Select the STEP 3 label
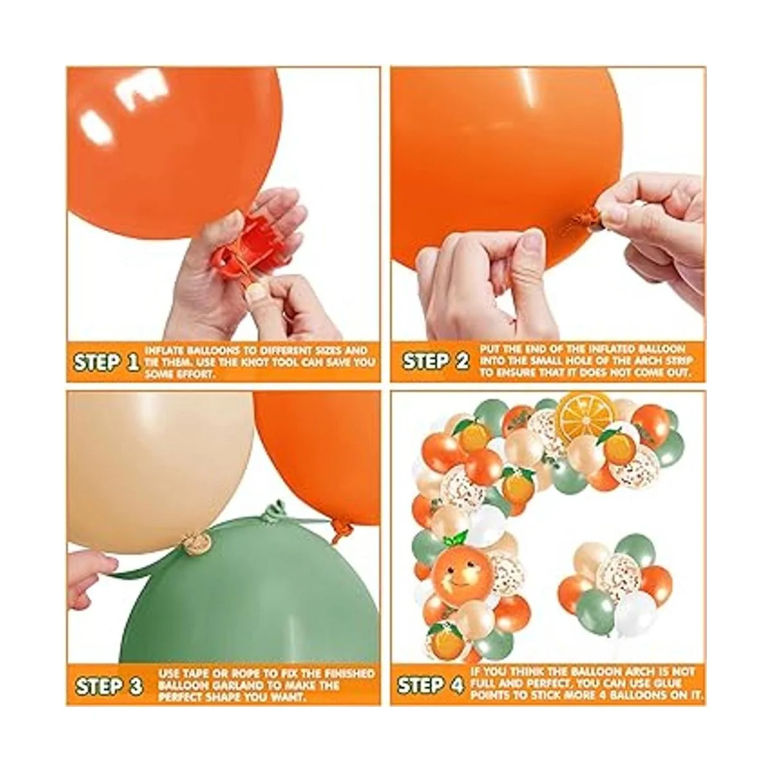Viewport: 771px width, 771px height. [109, 686]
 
